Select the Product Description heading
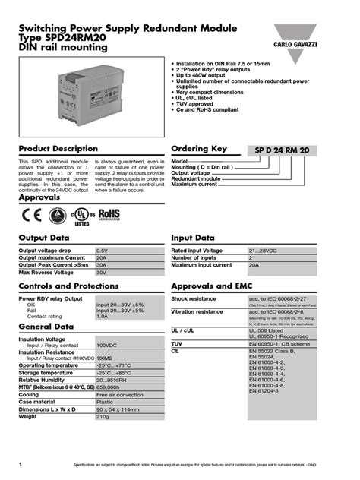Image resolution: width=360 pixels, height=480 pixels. [x=58, y=148]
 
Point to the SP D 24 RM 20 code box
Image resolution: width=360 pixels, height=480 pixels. [x=282, y=152]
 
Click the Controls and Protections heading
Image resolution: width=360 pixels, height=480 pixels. [x=68, y=286]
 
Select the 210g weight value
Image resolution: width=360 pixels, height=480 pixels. [x=103, y=416]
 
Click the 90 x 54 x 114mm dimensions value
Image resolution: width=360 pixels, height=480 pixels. [x=117, y=409]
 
